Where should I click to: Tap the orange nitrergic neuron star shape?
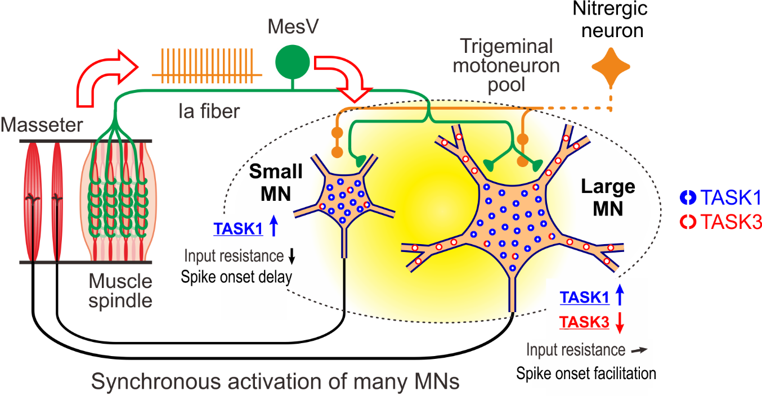[x=610, y=66]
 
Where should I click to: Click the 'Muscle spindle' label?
[x=120, y=290]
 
